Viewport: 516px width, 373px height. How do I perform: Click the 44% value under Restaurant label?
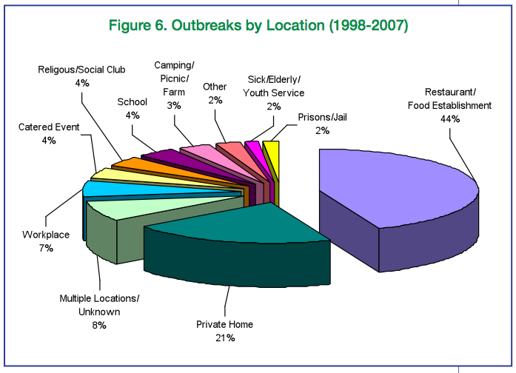coord(450,119)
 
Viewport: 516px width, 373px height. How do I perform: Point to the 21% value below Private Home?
coord(225,337)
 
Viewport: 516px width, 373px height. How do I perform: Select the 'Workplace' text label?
coord(46,235)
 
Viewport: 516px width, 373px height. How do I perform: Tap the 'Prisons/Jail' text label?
coord(322,118)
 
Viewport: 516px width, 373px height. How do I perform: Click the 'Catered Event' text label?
coord(49,127)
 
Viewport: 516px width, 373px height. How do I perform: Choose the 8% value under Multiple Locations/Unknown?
coord(99,326)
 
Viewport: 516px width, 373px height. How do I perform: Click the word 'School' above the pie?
coord(133,102)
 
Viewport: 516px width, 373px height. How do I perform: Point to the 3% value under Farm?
coord(174,106)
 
